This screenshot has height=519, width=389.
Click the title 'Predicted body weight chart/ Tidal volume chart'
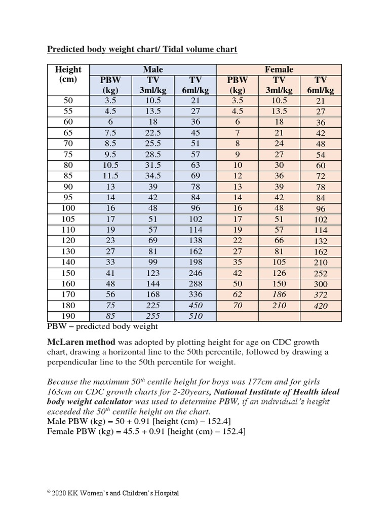tap(142, 49)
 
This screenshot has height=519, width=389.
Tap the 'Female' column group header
tap(279, 69)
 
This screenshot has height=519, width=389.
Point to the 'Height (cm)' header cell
tap(68, 75)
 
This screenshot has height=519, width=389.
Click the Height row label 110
tap(68, 230)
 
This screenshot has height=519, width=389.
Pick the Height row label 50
tap(68, 100)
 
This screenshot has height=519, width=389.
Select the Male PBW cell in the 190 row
tap(110, 316)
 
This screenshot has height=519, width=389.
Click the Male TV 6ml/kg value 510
tap(196, 316)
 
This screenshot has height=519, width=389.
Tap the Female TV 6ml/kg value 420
tap(321, 306)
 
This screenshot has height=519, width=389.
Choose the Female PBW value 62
tap(238, 294)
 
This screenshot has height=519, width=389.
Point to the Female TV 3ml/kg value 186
tap(279, 294)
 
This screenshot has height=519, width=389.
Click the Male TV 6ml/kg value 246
tap(196, 273)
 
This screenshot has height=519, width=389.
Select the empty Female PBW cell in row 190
tap(238, 316)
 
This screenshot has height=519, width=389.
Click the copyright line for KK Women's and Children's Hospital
tap(113, 493)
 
